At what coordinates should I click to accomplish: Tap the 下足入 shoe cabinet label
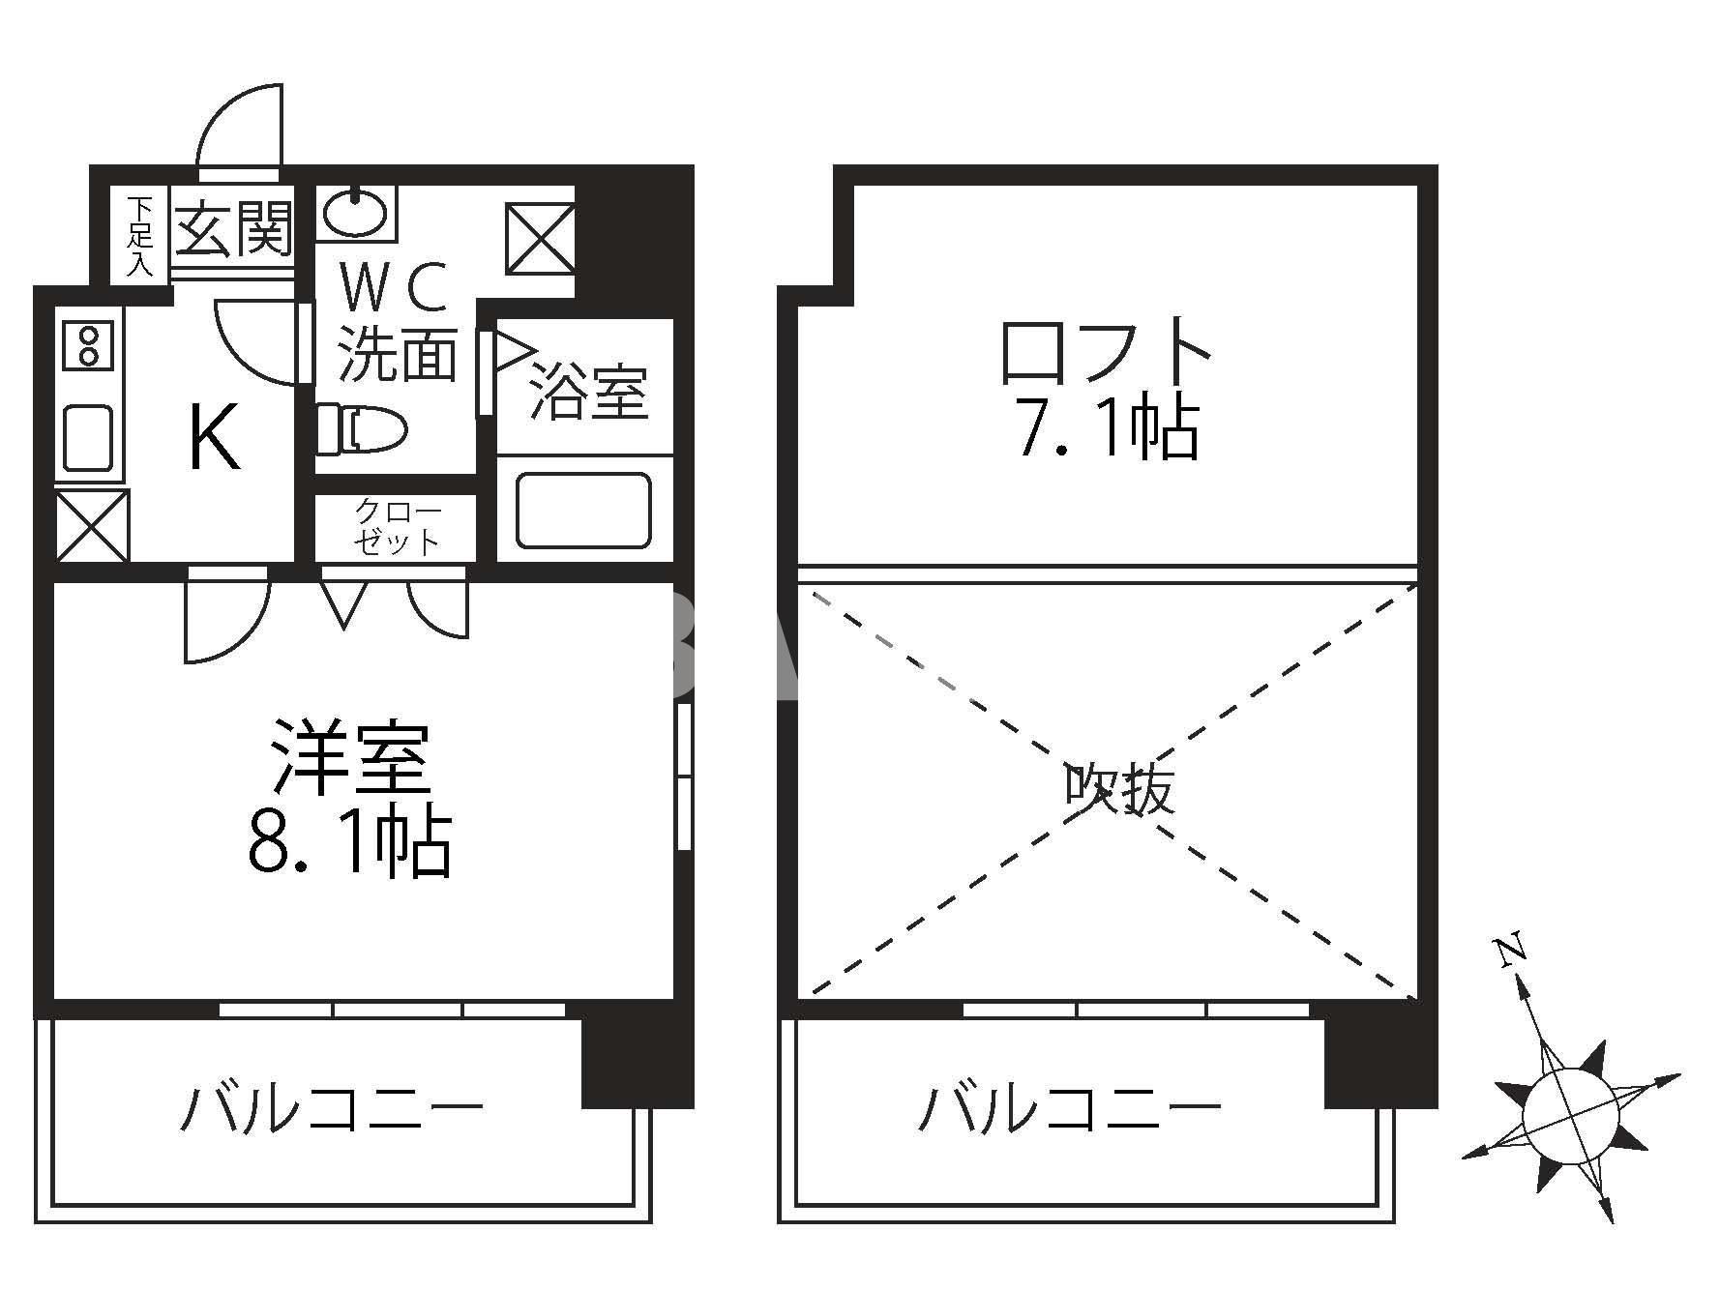tap(140, 237)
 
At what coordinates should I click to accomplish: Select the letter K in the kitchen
tap(213, 437)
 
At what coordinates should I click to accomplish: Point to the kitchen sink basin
tap(89, 437)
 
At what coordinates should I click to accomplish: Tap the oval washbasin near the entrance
tap(355, 212)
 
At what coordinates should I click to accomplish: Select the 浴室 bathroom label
tap(588, 392)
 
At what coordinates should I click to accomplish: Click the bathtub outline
tap(583, 510)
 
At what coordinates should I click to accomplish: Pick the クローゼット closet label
tap(397, 526)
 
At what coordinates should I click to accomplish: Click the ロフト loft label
tap(1105, 351)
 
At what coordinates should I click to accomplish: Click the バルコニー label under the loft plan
tap(1069, 1108)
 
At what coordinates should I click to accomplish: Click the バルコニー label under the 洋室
tap(332, 1108)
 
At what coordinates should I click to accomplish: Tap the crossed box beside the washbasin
tap(540, 238)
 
